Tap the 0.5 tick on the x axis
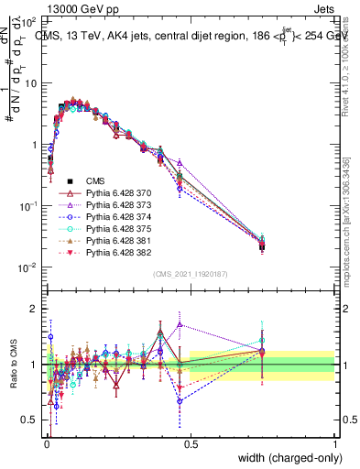pyautogui.click(x=191, y=442)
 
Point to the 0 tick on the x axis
pyautogui.click(x=46, y=442)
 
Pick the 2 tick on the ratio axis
pyautogui.click(x=35, y=309)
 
